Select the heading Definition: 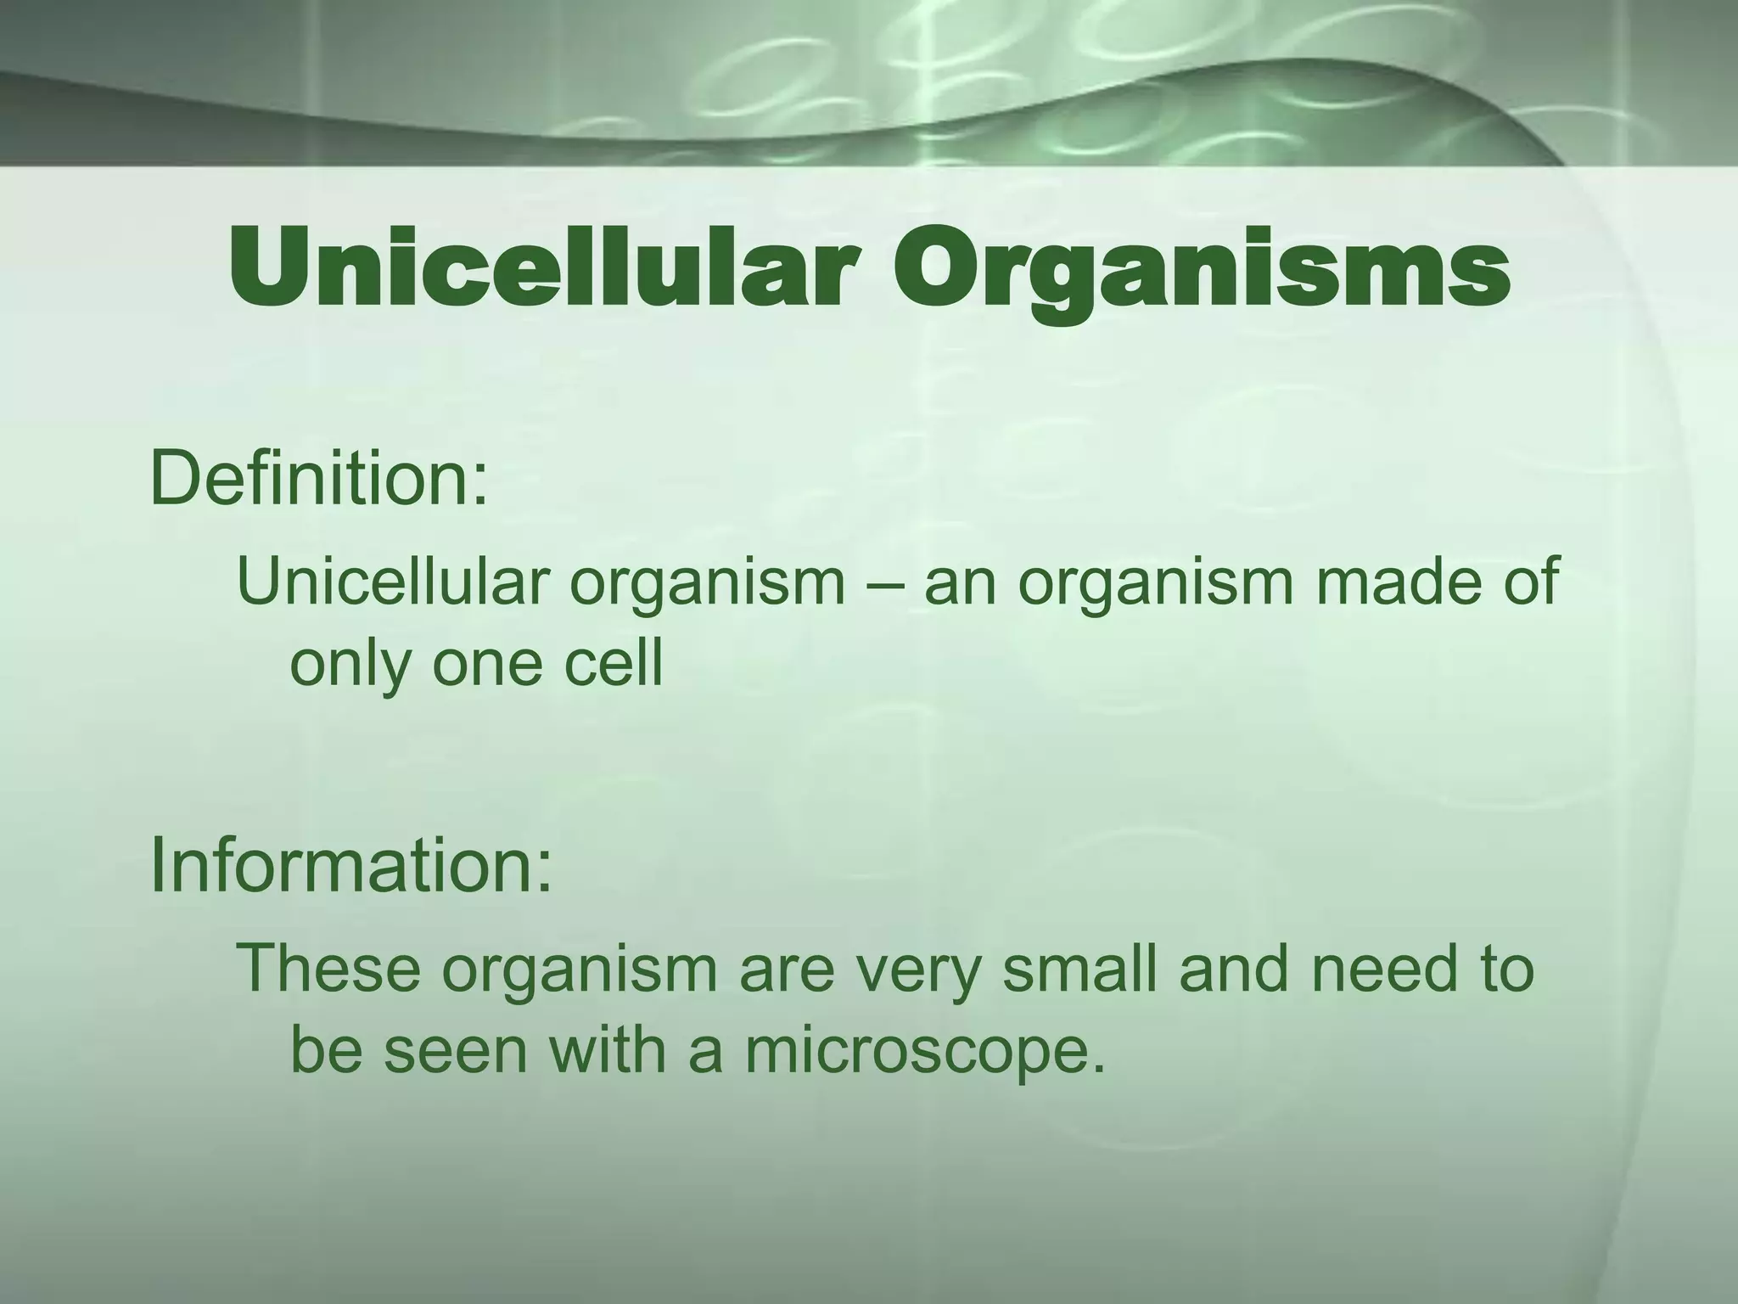click(x=319, y=479)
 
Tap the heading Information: click(x=351, y=866)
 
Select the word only click(x=349, y=666)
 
